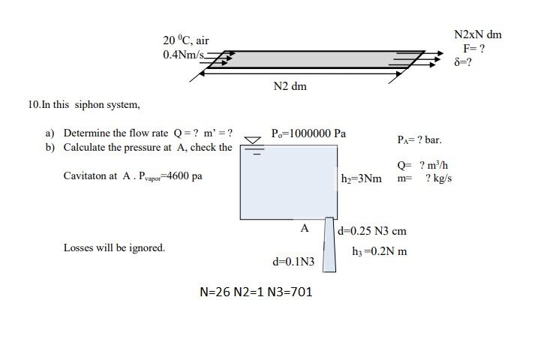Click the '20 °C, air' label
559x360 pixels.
[x=185, y=40]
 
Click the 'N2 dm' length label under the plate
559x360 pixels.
[x=290, y=86]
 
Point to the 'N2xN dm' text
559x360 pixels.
[x=478, y=34]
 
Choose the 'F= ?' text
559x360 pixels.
[x=473, y=48]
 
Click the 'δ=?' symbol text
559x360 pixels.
[x=463, y=62]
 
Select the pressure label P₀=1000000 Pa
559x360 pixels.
[x=308, y=133]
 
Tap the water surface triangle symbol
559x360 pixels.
[x=254, y=139]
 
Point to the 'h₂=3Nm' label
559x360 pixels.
[x=361, y=178]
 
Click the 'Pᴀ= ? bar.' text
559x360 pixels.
[x=419, y=139]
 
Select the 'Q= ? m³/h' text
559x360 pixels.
[x=423, y=165]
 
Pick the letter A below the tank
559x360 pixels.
[x=304, y=228]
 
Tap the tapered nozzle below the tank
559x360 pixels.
[x=329, y=244]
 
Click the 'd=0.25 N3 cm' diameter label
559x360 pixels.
[x=372, y=231]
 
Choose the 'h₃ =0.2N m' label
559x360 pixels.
[x=379, y=251]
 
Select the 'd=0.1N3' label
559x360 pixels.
[x=293, y=262]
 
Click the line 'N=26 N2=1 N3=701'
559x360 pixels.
[x=256, y=292]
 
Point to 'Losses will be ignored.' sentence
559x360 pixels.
[x=114, y=247]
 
